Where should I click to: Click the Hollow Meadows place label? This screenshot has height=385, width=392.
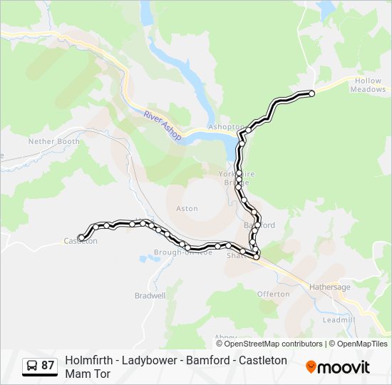click(368, 86)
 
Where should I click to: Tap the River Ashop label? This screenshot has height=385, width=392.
click(163, 125)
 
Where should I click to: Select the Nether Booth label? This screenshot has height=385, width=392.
click(54, 141)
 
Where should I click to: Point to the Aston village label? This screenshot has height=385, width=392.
click(187, 209)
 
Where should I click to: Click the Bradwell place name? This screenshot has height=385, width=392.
click(150, 295)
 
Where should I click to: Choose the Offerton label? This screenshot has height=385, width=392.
click(274, 294)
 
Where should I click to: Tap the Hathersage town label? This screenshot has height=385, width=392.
click(330, 287)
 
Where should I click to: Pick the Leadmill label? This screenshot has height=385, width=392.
click(339, 320)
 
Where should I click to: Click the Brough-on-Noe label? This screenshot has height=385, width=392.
click(183, 252)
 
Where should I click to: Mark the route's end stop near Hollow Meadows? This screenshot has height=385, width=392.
click(311, 93)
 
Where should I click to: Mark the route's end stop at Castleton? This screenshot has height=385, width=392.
click(81, 237)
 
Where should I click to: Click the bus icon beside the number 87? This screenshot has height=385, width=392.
click(32, 366)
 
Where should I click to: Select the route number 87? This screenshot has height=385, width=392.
click(48, 366)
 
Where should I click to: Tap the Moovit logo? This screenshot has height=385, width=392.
click(338, 366)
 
